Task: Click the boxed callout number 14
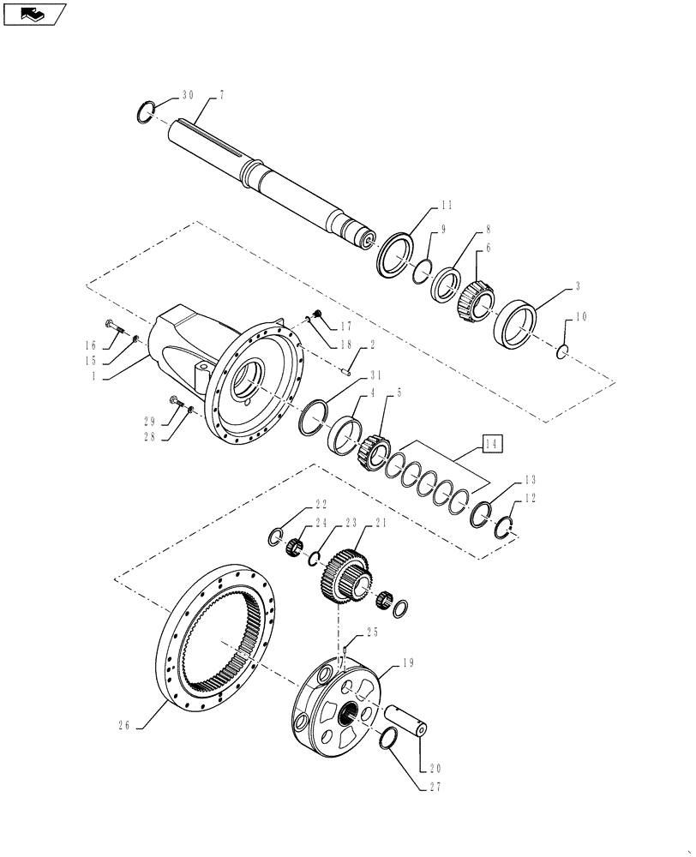pos(490,444)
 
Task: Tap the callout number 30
pos(188,96)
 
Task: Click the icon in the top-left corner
pos(34,14)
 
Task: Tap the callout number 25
pos(371,632)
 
